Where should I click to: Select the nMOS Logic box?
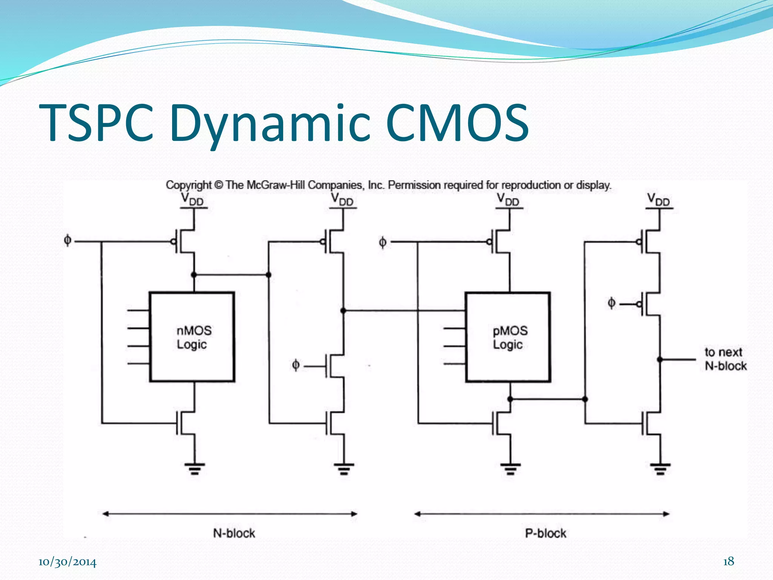192,337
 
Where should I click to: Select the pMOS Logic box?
508,337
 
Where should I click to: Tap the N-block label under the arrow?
234,533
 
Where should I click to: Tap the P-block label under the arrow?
545,533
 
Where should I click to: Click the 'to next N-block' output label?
725,359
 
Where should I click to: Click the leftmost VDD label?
192,199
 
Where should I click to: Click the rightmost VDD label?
659,199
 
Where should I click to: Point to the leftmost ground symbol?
194,468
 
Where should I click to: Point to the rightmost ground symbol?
660,468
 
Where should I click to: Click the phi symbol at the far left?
68,240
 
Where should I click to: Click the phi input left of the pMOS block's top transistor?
382,242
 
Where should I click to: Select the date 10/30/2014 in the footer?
67,562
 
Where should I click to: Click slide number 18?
728,561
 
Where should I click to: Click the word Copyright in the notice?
188,185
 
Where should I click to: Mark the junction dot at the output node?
660,359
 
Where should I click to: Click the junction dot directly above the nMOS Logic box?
194,275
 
